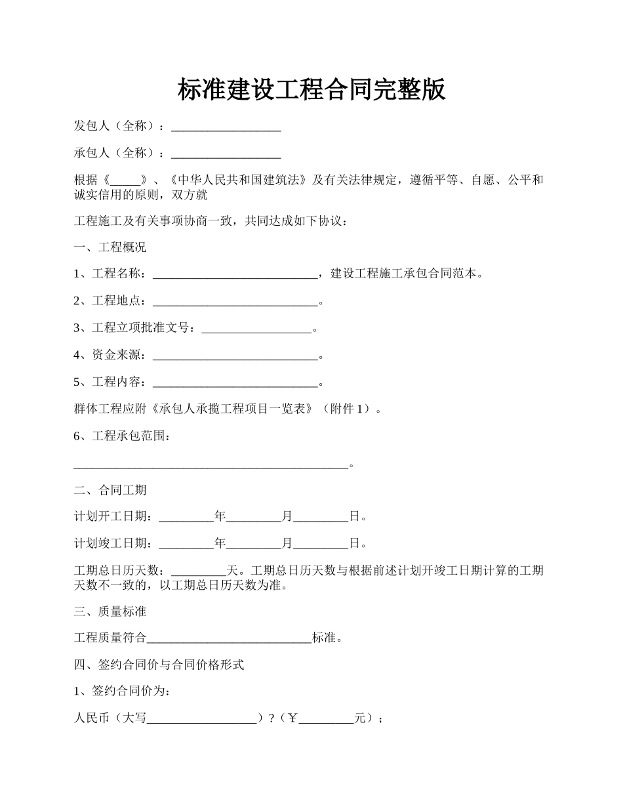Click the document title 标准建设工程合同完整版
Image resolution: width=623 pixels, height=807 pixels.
coord(311,90)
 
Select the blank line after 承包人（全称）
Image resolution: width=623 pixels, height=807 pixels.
coord(226,154)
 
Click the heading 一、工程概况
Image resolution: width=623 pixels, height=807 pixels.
coord(110,247)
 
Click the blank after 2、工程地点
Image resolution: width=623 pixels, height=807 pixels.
coord(235,302)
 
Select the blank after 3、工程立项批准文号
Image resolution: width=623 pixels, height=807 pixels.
coord(256,329)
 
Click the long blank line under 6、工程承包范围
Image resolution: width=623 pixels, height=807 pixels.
coord(211,465)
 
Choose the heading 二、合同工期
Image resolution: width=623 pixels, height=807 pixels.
coord(110,490)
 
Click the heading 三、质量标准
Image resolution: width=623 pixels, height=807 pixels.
coord(110,611)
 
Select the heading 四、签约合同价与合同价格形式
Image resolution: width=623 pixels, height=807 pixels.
coord(159,665)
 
